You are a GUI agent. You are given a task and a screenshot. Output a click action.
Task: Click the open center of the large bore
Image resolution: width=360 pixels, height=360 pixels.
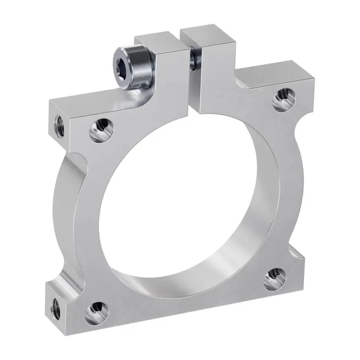coord(180,202)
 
